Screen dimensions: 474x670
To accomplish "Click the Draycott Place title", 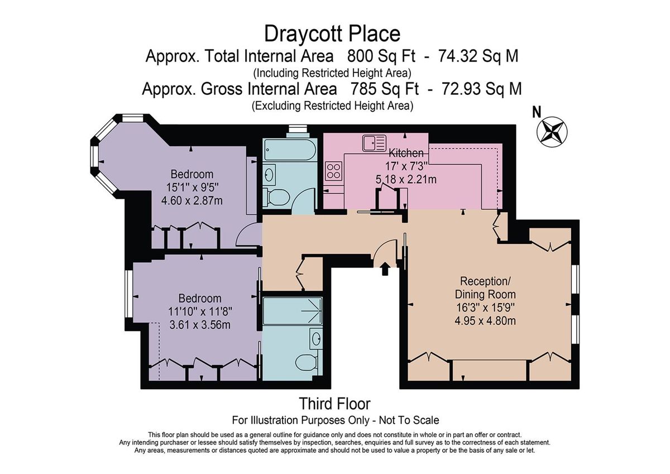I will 332,33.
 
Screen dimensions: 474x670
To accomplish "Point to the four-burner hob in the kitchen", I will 334,170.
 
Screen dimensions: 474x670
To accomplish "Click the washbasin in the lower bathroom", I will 315,338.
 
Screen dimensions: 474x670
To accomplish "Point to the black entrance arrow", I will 385,270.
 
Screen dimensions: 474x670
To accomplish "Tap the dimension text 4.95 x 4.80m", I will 485,320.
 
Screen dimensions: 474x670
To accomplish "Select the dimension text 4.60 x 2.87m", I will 192,200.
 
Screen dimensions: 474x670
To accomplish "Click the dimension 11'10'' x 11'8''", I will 200,312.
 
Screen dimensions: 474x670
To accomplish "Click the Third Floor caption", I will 334,403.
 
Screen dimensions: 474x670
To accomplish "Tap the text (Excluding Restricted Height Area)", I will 332,105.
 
